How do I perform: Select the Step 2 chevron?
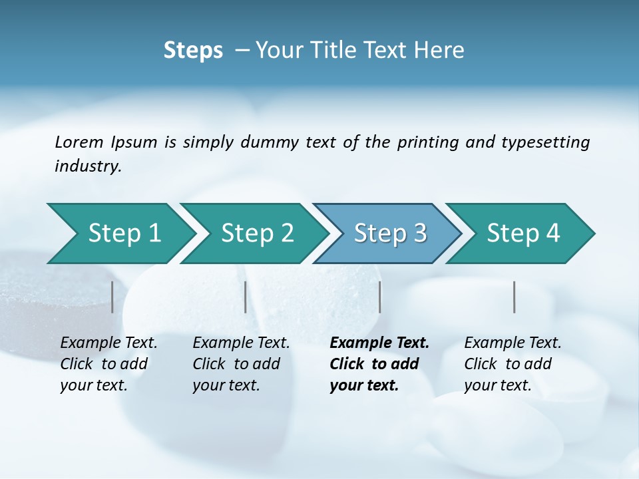click(x=257, y=234)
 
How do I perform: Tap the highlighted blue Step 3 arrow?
click(x=390, y=234)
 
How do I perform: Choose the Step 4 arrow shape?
click(x=523, y=234)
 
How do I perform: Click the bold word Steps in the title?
click(x=193, y=51)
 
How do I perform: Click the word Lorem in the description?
click(x=79, y=142)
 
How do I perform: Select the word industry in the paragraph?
click(x=88, y=166)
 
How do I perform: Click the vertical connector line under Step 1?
click(x=112, y=297)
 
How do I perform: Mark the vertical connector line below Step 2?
click(x=246, y=297)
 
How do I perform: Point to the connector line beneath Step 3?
click(x=380, y=297)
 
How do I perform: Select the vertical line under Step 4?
click(x=515, y=297)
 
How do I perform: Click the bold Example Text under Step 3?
click(x=379, y=343)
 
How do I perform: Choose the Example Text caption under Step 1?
click(x=108, y=343)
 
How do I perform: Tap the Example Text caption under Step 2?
click(x=241, y=343)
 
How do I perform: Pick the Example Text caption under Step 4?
click(x=513, y=343)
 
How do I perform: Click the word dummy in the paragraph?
click(x=272, y=142)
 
